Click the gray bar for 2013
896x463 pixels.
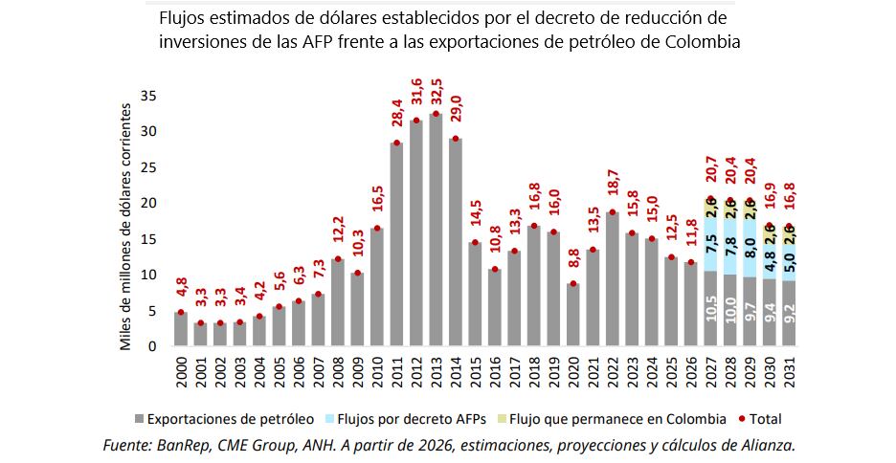click(436, 230)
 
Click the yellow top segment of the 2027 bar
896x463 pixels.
click(710, 208)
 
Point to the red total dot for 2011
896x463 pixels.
click(395, 143)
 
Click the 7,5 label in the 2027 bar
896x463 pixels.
click(710, 247)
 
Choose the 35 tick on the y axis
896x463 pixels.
click(148, 96)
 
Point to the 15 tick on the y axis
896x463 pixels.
click(148, 239)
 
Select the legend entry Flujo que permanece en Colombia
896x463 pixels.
click(614, 418)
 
